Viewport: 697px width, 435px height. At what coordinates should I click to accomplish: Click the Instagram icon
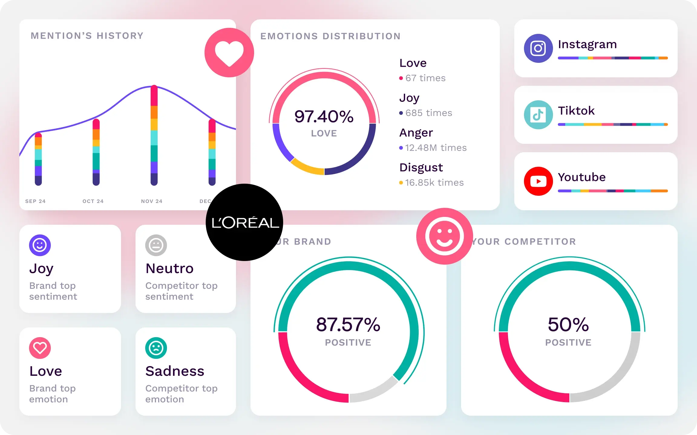pyautogui.click(x=538, y=48)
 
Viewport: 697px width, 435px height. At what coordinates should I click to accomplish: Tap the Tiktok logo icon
pyautogui.click(x=538, y=115)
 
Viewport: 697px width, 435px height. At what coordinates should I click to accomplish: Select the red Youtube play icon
pyautogui.click(x=538, y=181)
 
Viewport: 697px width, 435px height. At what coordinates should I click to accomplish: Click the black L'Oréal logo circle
pyautogui.click(x=244, y=222)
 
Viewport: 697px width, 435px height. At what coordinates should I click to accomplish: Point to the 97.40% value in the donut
pyautogui.click(x=324, y=117)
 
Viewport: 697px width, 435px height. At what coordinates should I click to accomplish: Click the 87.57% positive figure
pyautogui.click(x=348, y=325)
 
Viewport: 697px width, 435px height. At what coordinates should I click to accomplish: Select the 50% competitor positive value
pyautogui.click(x=568, y=325)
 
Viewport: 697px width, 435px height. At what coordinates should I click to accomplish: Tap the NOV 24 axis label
pyautogui.click(x=152, y=201)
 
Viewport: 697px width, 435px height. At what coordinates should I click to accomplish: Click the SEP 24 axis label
pyautogui.click(x=35, y=201)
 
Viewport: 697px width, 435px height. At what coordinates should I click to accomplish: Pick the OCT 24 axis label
pyautogui.click(x=93, y=201)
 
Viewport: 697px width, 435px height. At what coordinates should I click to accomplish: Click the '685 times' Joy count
pyautogui.click(x=428, y=113)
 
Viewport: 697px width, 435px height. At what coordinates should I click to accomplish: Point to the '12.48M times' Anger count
pyautogui.click(x=436, y=148)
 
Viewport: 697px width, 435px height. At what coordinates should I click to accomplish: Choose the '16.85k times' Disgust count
pyautogui.click(x=434, y=183)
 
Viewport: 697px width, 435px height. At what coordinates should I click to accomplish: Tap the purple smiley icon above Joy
pyautogui.click(x=40, y=245)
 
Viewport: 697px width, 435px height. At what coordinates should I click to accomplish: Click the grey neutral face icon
pyautogui.click(x=156, y=245)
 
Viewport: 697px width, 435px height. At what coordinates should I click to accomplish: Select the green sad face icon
pyautogui.click(x=156, y=348)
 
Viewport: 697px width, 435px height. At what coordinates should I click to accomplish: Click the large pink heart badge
pyautogui.click(x=229, y=53)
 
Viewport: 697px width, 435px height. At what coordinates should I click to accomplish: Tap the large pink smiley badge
pyautogui.click(x=444, y=236)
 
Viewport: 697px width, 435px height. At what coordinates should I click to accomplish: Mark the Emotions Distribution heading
pyautogui.click(x=330, y=36)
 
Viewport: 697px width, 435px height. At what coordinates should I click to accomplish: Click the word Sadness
pyautogui.click(x=175, y=371)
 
